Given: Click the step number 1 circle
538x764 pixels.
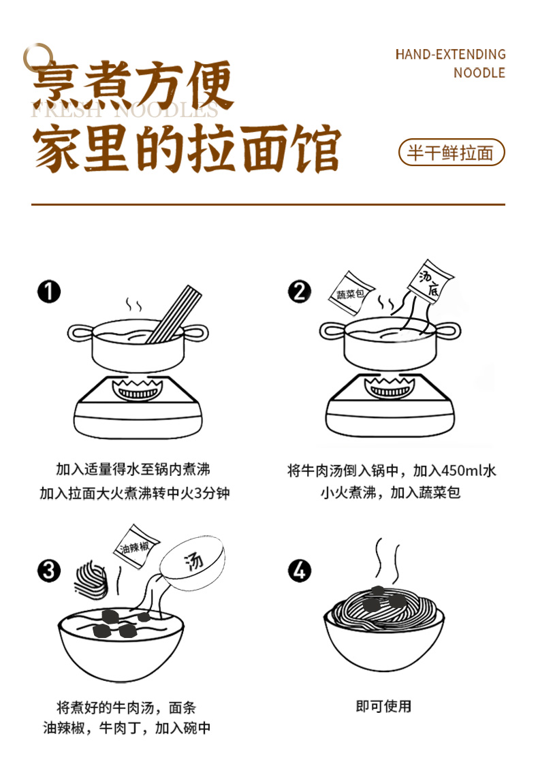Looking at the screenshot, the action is click(x=49, y=291).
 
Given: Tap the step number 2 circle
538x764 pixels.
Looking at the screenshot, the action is click(x=299, y=291).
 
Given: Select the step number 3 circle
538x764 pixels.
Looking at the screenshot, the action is click(x=49, y=571).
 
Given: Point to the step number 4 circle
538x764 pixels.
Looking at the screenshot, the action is click(x=299, y=571).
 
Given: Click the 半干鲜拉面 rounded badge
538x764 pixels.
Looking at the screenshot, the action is click(x=452, y=153).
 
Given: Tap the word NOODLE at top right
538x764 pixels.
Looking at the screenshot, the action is click(x=479, y=73).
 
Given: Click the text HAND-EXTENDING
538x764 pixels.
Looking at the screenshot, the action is click(x=450, y=54).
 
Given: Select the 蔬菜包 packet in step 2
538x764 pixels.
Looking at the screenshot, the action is click(x=351, y=293).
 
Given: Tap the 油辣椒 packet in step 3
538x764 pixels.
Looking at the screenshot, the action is click(x=136, y=547).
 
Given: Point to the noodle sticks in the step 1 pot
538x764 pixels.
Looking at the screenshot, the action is click(x=174, y=315).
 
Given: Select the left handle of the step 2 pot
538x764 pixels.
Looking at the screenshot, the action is click(x=332, y=331).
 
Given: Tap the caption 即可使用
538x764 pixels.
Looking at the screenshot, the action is click(x=383, y=706).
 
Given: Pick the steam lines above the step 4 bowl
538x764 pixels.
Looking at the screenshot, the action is click(x=387, y=559).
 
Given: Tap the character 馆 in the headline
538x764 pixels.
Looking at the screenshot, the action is click(x=317, y=148).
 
